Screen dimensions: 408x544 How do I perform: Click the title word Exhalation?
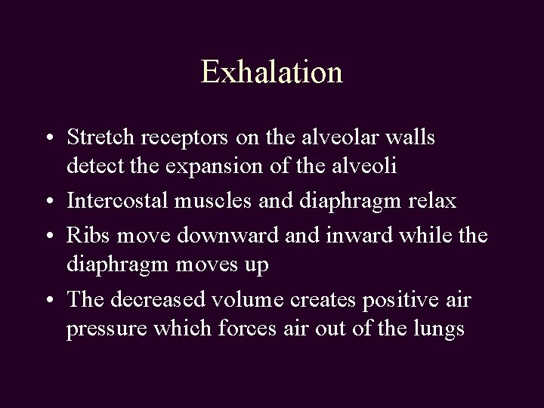point(272,72)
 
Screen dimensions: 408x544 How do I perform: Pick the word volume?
point(245,301)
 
